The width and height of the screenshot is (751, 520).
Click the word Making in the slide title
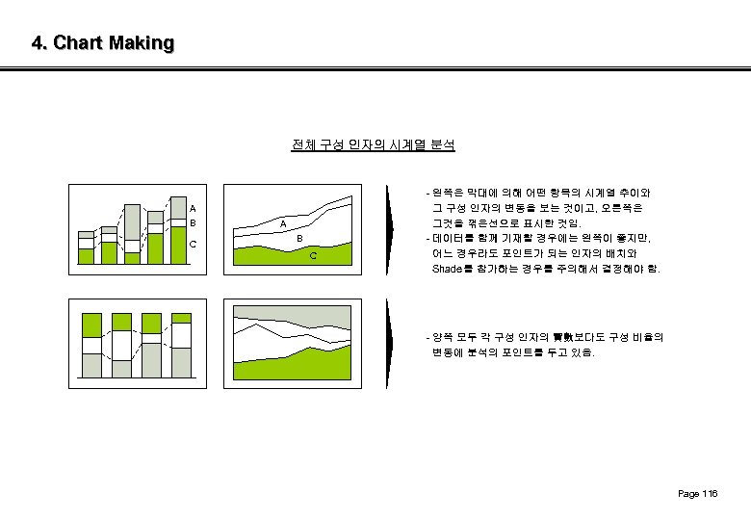142,43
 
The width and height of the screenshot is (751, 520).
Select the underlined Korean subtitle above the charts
374,145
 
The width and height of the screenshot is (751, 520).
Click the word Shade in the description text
448,269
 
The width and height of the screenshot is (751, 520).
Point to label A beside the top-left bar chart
193,208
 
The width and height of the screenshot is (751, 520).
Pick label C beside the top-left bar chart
193,244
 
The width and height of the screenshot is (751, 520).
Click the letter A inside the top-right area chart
283,224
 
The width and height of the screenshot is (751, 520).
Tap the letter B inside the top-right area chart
299,238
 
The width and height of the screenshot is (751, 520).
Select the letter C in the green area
313,256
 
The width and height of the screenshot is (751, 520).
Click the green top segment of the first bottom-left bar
91,325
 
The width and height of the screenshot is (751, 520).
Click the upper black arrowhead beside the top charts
389,221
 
